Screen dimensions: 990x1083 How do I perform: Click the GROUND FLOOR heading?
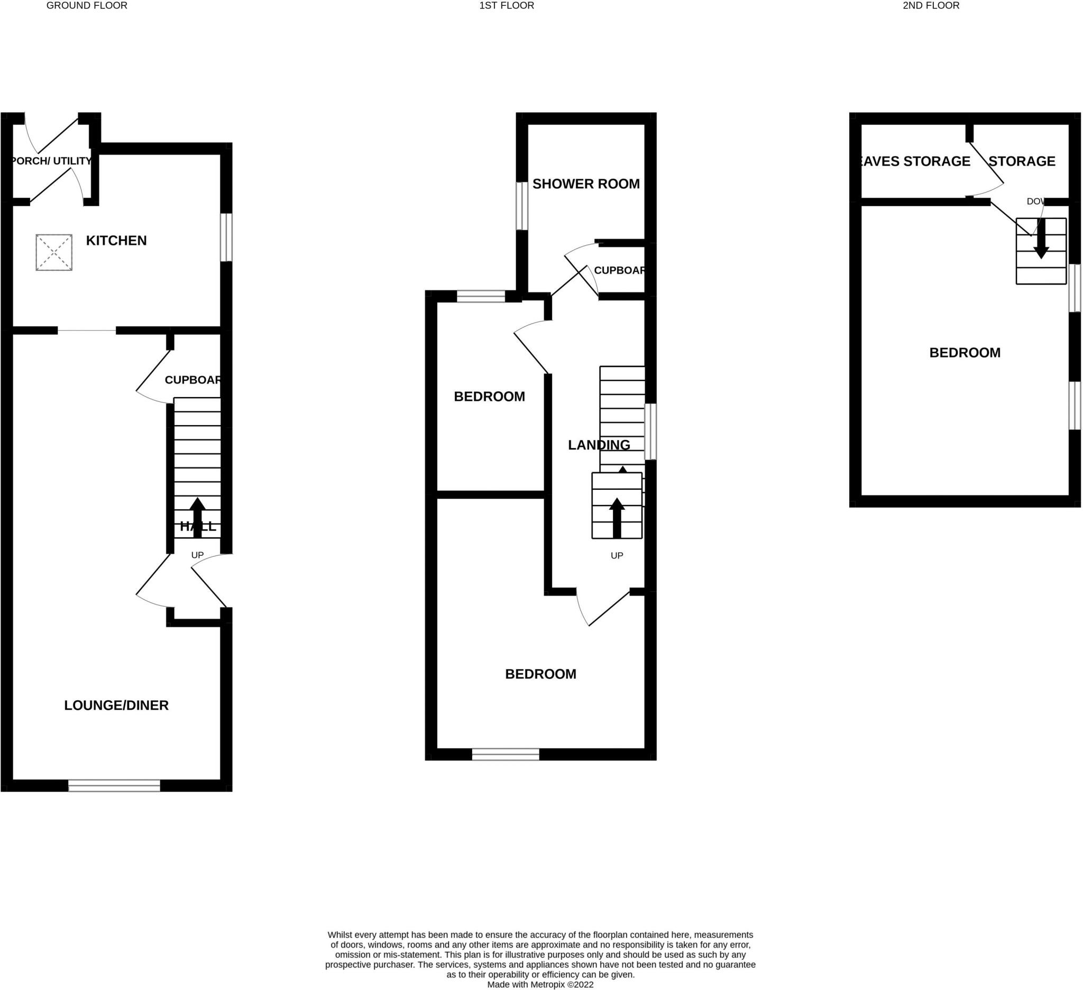pyautogui.click(x=87, y=6)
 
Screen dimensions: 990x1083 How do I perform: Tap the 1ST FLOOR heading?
pyautogui.click(x=507, y=6)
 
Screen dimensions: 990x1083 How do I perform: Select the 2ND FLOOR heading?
pyautogui.click(x=931, y=6)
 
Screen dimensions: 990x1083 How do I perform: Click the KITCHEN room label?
pyautogui.click(x=116, y=240)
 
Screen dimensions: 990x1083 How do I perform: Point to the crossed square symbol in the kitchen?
pyautogui.click(x=54, y=252)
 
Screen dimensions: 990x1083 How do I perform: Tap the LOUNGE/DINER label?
pyautogui.click(x=116, y=705)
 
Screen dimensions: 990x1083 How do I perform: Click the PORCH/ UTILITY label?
pyautogui.click(x=51, y=161)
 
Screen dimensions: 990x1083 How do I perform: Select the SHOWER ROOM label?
pyautogui.click(x=585, y=184)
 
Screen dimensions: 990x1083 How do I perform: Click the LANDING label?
pyautogui.click(x=599, y=445)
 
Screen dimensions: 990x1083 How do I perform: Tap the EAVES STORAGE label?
pyautogui.click(x=914, y=161)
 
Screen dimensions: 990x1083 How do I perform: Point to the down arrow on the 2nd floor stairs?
pyautogui.click(x=1041, y=240)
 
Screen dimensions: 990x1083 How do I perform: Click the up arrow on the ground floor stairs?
pyautogui.click(x=197, y=517)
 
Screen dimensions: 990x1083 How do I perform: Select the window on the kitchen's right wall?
pyautogui.click(x=227, y=237)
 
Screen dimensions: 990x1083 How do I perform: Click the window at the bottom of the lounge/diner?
pyautogui.click(x=114, y=785)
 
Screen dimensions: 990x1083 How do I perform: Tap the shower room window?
pyautogui.click(x=521, y=206)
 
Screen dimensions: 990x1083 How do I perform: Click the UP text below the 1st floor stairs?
pyautogui.click(x=616, y=555)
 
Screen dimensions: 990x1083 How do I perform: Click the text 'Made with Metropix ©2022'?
pyautogui.click(x=540, y=985)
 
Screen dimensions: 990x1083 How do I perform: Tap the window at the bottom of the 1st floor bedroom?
pyautogui.click(x=505, y=754)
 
